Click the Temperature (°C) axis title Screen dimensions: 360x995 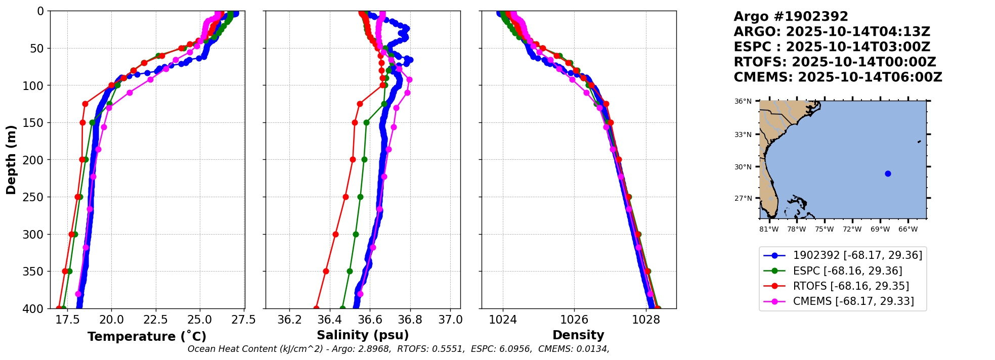[147, 337]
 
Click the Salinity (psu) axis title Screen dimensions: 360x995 [363, 335]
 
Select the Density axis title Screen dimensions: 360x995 [578, 335]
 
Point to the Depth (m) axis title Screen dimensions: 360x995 [11, 160]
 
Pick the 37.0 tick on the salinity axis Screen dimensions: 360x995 [450, 320]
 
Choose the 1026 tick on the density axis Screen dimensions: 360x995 [574, 320]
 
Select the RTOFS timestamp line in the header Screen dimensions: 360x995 [835, 62]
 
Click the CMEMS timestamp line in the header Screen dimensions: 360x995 [838, 77]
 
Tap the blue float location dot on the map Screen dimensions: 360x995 [888, 173]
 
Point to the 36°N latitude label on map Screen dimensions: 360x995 [743, 102]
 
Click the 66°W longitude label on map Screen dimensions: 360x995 [908, 230]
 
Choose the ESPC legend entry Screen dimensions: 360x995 [847, 271]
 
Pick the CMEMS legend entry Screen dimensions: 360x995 [853, 301]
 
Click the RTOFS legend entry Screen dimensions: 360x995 [851, 286]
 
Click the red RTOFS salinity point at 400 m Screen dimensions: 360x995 [316, 308]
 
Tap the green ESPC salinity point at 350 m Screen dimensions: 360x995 [350, 271]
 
